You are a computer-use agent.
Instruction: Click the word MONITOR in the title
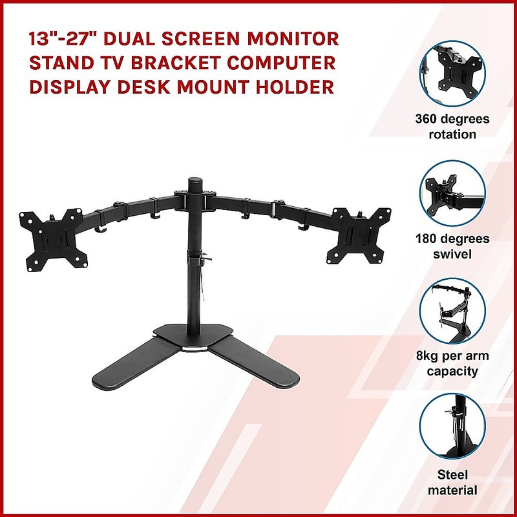(x=293, y=39)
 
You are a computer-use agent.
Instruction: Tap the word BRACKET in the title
(x=176, y=63)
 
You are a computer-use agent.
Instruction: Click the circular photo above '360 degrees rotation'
(x=452, y=74)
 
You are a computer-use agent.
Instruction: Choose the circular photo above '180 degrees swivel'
(x=452, y=193)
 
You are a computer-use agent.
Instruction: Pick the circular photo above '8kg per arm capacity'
(x=452, y=311)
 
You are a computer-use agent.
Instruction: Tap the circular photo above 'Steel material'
(x=452, y=427)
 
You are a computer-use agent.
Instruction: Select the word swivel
(x=452, y=254)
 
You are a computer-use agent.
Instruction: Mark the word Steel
(x=452, y=475)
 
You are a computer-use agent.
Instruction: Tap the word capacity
(x=452, y=372)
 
